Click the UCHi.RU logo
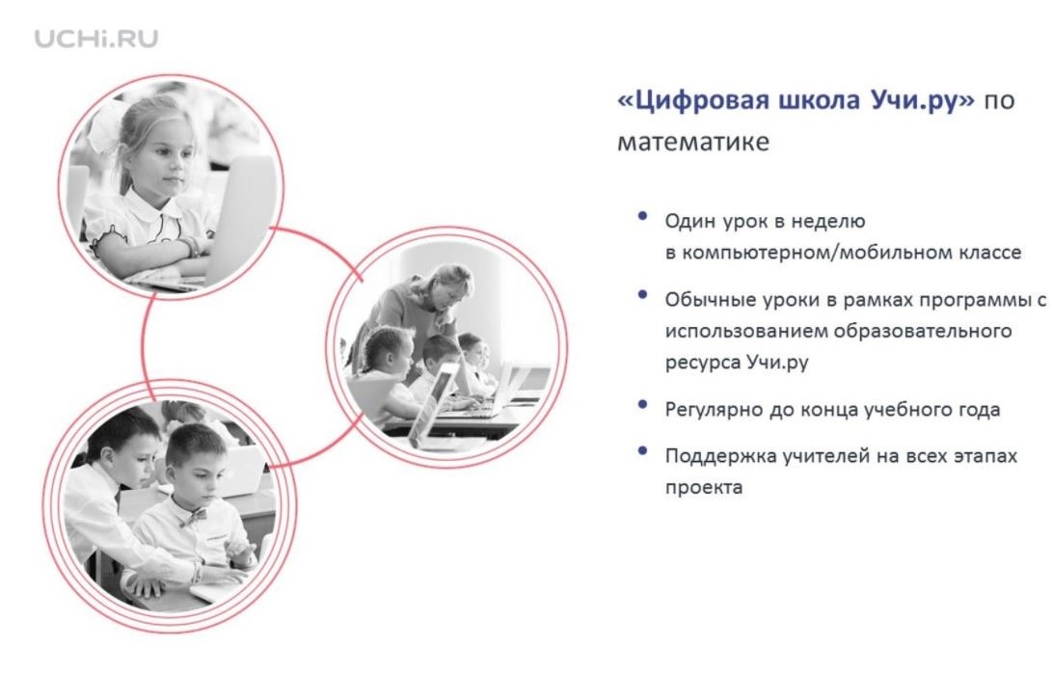[95, 39]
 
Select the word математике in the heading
[693, 142]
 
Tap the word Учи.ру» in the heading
[923, 100]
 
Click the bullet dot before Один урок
[643, 216]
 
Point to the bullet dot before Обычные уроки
[643, 294]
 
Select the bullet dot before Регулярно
[643, 405]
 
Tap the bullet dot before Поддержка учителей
[643, 451]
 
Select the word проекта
[704, 488]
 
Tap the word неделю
[828, 222]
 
